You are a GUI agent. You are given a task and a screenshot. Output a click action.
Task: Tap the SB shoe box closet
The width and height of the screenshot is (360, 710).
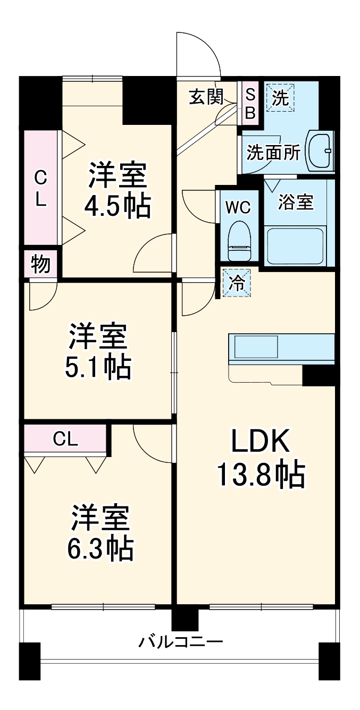pos(250,104)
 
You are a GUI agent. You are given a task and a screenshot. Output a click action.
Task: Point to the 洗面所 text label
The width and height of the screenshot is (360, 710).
pos(273,153)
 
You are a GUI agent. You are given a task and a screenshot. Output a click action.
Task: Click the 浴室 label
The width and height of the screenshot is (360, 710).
pos(296,202)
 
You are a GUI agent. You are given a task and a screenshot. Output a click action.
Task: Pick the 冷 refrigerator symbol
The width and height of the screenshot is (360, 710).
pos(235,283)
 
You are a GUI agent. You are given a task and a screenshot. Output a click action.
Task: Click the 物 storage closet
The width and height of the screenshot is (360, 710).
pos(41,264)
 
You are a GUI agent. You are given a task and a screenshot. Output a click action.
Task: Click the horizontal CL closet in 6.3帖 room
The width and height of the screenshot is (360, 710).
pos(65,438)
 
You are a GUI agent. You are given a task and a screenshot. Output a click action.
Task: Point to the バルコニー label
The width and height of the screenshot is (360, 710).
pos(180,643)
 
